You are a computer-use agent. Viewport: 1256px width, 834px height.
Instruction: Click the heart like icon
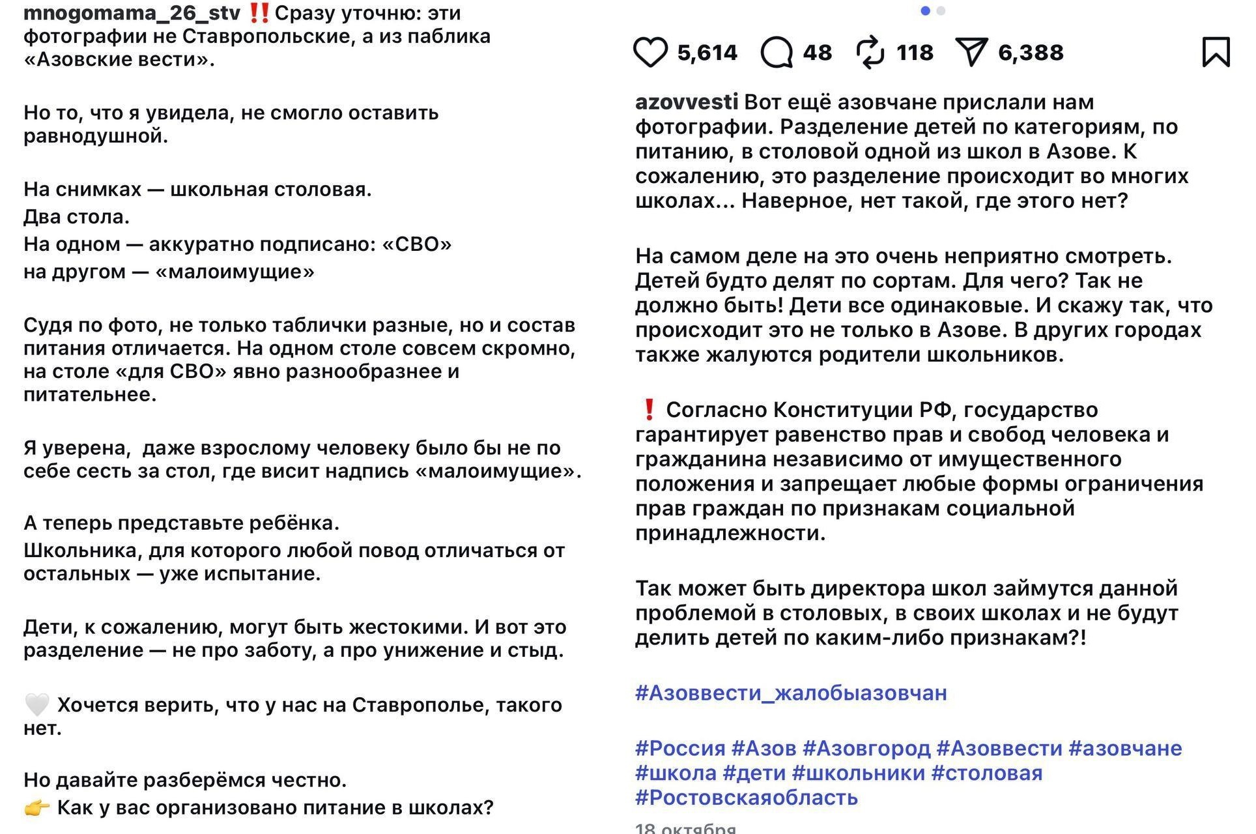point(650,53)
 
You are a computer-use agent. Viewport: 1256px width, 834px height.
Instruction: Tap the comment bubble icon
point(777,53)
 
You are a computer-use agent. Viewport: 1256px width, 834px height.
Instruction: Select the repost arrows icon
point(871,53)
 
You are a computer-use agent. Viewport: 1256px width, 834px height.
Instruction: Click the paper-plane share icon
point(971,52)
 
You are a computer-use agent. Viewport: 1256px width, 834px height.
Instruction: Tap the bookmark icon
point(1216,52)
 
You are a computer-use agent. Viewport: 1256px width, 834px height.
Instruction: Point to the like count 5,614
point(707,53)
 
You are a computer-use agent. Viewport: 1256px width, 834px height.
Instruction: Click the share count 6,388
point(1031,53)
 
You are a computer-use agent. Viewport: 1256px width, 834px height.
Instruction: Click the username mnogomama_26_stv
point(132,12)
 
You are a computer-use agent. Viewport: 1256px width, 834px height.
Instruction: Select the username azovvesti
point(687,102)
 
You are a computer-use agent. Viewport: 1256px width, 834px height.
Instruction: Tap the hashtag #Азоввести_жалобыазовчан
point(791,693)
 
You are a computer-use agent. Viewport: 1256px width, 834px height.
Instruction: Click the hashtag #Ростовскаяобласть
point(747,798)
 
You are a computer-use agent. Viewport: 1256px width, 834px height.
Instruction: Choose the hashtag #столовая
point(987,773)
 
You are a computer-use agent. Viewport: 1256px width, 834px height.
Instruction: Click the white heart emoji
point(36,705)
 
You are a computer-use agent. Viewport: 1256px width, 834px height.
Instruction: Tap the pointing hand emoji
point(36,808)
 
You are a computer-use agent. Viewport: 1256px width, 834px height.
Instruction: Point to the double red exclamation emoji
point(259,12)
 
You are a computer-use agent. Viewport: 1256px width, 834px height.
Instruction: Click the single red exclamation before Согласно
point(649,410)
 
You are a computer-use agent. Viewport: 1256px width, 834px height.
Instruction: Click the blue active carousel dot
point(925,11)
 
